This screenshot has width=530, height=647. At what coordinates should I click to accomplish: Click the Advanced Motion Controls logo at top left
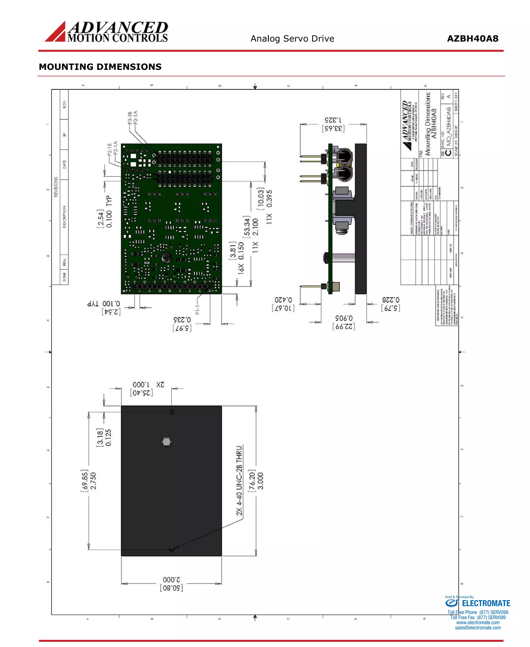tap(106, 32)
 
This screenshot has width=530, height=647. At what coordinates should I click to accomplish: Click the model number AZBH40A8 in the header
tap(472, 39)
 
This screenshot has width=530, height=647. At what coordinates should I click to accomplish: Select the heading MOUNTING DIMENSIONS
tap(100, 67)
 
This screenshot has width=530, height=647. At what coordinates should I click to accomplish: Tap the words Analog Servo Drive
tap(292, 39)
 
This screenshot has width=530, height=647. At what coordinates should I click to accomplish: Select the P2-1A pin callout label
tap(115, 148)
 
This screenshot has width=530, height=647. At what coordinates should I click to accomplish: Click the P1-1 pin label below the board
tap(197, 310)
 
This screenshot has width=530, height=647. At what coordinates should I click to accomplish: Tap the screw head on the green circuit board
tap(166, 258)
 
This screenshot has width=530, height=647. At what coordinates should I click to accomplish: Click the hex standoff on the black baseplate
tap(166, 442)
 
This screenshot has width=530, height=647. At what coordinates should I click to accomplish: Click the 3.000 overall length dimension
tap(260, 481)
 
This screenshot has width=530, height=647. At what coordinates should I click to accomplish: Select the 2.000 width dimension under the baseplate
tap(171, 579)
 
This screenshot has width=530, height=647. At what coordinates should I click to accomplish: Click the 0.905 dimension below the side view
tap(344, 318)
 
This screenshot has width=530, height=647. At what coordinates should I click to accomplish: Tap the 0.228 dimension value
tap(391, 300)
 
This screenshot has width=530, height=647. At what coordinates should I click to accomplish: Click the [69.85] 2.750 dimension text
tap(93, 481)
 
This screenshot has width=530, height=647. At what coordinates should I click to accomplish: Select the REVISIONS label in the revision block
tap(56, 187)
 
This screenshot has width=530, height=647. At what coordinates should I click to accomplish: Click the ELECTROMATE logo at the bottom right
tap(478, 603)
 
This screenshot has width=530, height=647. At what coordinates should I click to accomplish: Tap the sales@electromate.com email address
tap(477, 628)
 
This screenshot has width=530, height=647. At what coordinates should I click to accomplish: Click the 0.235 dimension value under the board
tap(182, 320)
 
